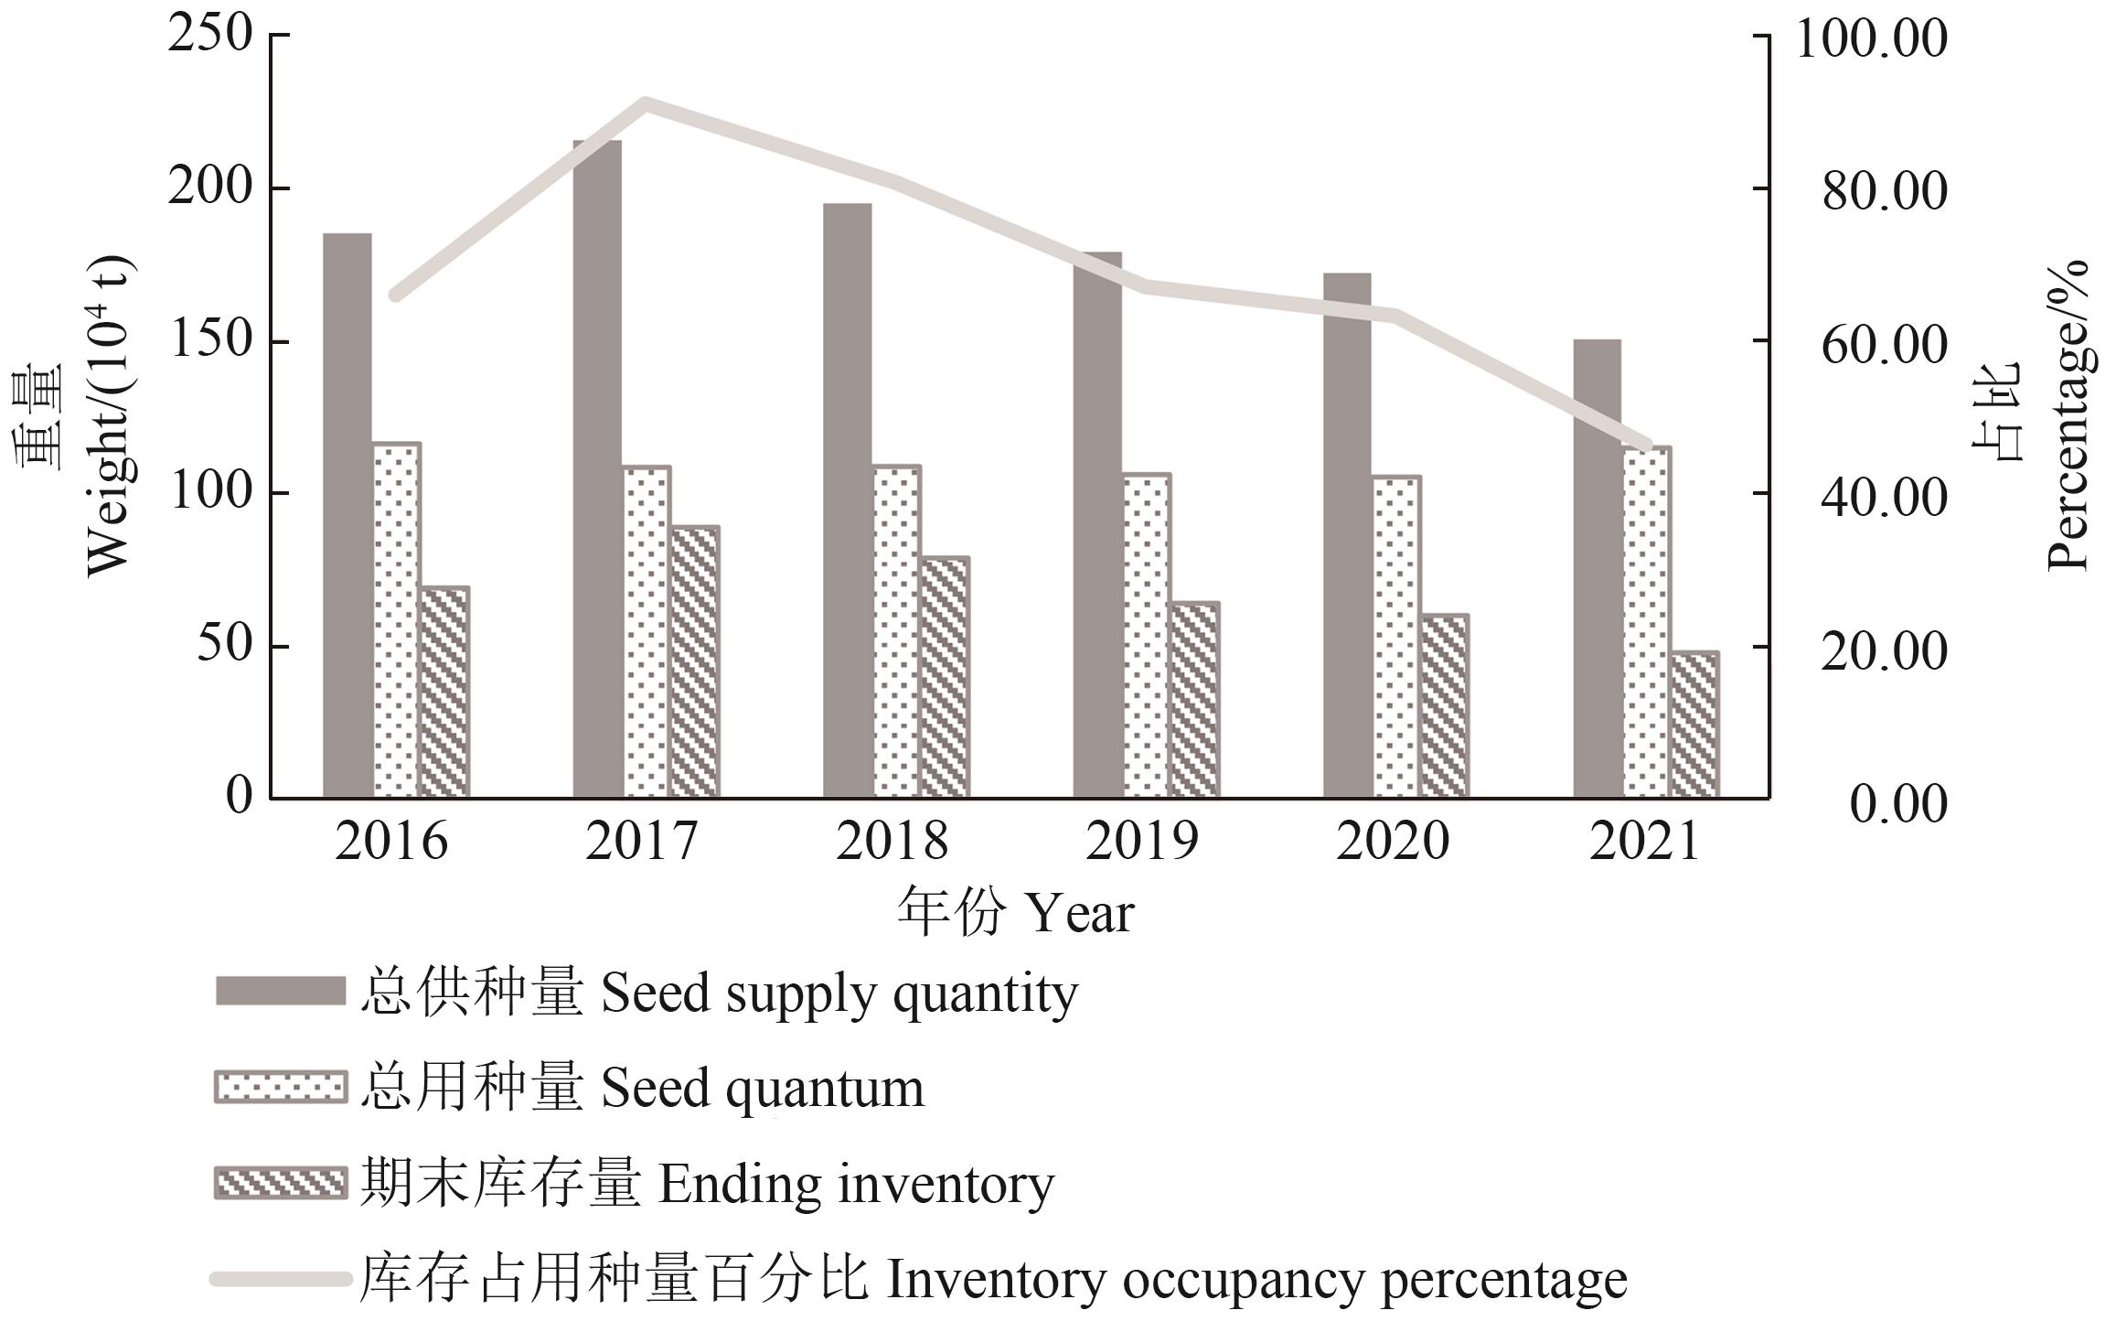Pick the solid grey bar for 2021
click(1597, 568)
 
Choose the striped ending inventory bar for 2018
click(944, 677)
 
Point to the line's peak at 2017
click(646, 102)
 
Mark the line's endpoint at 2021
click(1647, 446)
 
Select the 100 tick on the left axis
click(209, 493)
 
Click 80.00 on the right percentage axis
click(1884, 192)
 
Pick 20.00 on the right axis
click(1884, 651)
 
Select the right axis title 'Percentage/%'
click(2068, 416)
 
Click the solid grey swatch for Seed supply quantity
click(280, 992)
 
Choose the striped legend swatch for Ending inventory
click(280, 1182)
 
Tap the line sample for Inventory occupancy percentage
click(280, 1279)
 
